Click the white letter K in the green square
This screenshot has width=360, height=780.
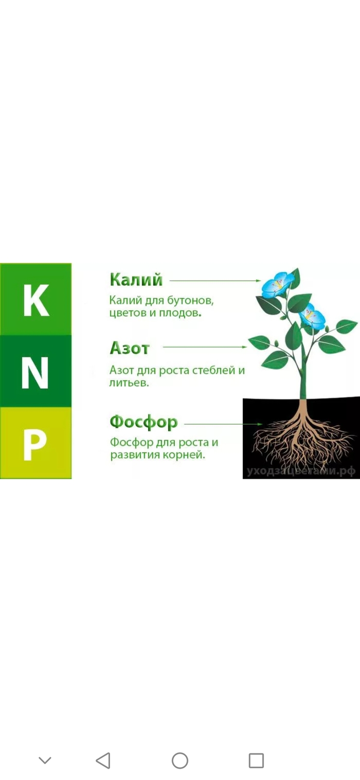pos(35,300)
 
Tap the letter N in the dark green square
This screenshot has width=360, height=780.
pos(35,372)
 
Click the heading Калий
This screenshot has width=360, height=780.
pos(136,280)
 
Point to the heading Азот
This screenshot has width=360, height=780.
pos(129,348)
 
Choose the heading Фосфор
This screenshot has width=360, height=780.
pos(143,423)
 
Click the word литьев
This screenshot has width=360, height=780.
pos(129,383)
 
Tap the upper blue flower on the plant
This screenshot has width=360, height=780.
pos(278,284)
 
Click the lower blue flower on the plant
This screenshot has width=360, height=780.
pos(312,316)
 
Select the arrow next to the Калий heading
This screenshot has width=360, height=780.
pos(216,281)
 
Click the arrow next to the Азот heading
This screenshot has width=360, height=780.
pos(205,347)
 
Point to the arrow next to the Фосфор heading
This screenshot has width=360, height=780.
pos(224,424)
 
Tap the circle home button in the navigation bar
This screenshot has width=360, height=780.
pos(180,760)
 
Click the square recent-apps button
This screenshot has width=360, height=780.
pos(256,760)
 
